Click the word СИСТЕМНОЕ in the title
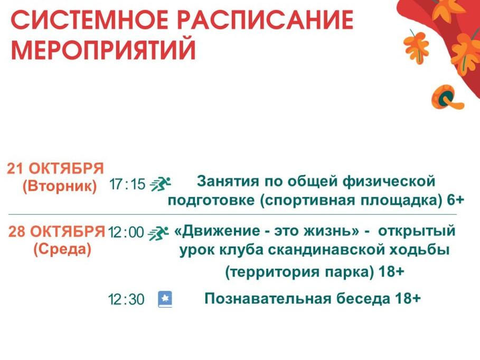pos(89,20)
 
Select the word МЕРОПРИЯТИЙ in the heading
pos(103,49)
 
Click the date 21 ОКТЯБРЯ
pos(55,169)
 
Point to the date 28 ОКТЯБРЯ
pos(57,231)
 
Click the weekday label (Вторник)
pos(60,186)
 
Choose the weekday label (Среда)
pos(62,250)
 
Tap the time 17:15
pos(127,184)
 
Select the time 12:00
pos(126,232)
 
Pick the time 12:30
pos(126,299)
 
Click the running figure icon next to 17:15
pos(160,184)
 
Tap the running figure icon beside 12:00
pos(158,233)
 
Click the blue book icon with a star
pos(165,299)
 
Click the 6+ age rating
pos(456,200)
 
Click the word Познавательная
pos(268,298)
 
